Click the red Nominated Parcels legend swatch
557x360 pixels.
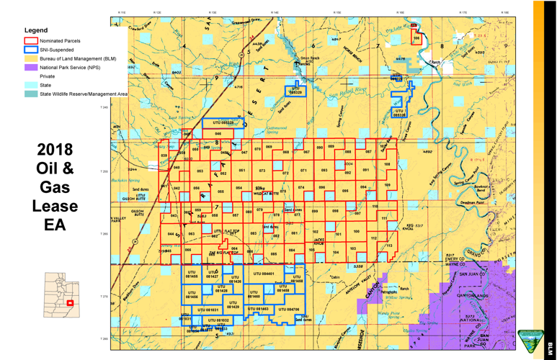(x=30, y=41)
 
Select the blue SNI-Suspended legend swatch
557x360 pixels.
(x=30, y=50)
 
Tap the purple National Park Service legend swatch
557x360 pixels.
(x=30, y=67)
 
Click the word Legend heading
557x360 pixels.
(x=36, y=30)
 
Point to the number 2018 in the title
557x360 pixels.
(x=55, y=150)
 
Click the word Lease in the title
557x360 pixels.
(x=55, y=206)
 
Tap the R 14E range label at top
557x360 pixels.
(x=275, y=12)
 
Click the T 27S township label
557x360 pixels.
(x=104, y=296)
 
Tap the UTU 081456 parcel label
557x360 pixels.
(x=192, y=294)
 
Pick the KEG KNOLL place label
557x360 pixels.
(x=408, y=228)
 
